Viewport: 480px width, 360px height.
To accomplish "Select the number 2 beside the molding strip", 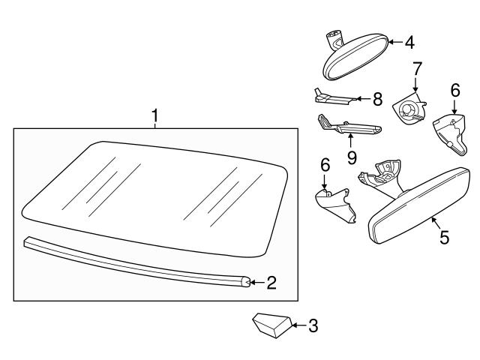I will point(271,283).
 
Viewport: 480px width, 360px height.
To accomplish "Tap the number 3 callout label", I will point(313,325).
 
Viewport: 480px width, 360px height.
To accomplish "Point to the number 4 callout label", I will point(409,43).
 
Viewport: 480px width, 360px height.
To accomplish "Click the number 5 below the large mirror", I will point(444,238).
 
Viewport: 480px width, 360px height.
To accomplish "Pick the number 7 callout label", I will point(416,69).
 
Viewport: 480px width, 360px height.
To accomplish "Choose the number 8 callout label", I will point(377,97).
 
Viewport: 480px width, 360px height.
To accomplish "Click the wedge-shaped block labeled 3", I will point(269,325).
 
